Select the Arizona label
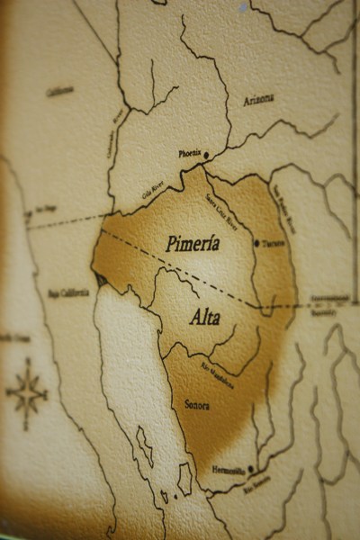coord(258,100)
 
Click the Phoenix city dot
coord(206,155)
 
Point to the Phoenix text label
coord(189,154)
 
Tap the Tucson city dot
coord(256,243)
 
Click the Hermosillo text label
coord(232,471)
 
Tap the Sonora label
coord(196,406)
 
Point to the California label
coord(59,91)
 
